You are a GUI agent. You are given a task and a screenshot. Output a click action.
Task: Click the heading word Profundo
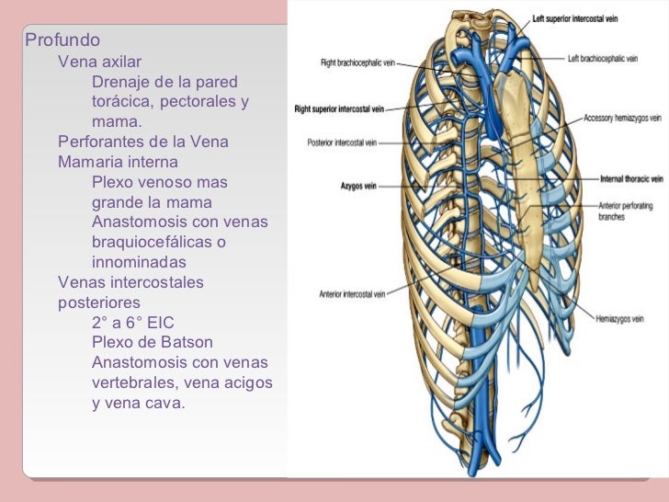point(62,41)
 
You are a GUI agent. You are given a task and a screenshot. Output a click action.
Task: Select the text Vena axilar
point(99,62)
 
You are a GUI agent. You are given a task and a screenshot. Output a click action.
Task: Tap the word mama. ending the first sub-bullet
point(117,122)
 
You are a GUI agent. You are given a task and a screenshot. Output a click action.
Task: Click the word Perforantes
point(100,143)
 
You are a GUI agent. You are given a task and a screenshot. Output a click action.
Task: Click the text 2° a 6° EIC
point(132,323)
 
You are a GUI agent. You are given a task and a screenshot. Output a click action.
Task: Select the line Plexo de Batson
point(153,342)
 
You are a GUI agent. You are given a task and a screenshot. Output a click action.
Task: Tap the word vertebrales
point(134,382)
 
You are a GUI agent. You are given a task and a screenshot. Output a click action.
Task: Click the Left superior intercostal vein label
point(582,18)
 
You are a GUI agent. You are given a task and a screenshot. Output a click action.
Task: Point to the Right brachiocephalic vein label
point(359,63)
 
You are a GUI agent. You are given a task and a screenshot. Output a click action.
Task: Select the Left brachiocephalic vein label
point(603,58)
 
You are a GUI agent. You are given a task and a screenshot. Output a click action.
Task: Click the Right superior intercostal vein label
point(338,108)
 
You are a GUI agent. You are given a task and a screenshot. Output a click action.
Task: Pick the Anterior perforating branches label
point(623,211)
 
